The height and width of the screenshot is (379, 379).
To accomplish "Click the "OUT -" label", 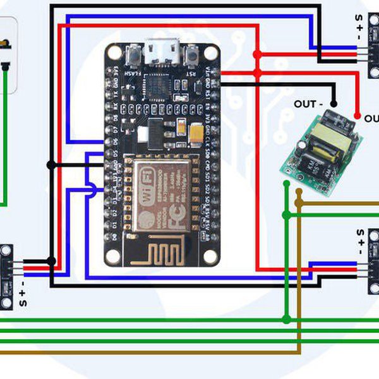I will (308, 104).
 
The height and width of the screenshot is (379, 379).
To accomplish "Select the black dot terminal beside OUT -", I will (335, 104).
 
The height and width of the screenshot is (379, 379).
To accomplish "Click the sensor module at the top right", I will (372, 45).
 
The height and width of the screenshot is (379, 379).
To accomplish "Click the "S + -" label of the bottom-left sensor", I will (23, 294).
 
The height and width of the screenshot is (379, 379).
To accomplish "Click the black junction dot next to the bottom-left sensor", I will (51, 261).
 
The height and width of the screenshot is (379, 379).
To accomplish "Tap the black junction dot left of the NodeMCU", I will (51, 165).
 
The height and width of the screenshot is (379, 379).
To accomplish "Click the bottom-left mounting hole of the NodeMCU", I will (113, 256).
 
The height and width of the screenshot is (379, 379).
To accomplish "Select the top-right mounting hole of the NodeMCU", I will (211, 53).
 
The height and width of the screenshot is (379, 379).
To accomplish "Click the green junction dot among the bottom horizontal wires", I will (287, 320).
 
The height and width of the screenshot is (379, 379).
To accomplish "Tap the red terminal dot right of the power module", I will (358, 117).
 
